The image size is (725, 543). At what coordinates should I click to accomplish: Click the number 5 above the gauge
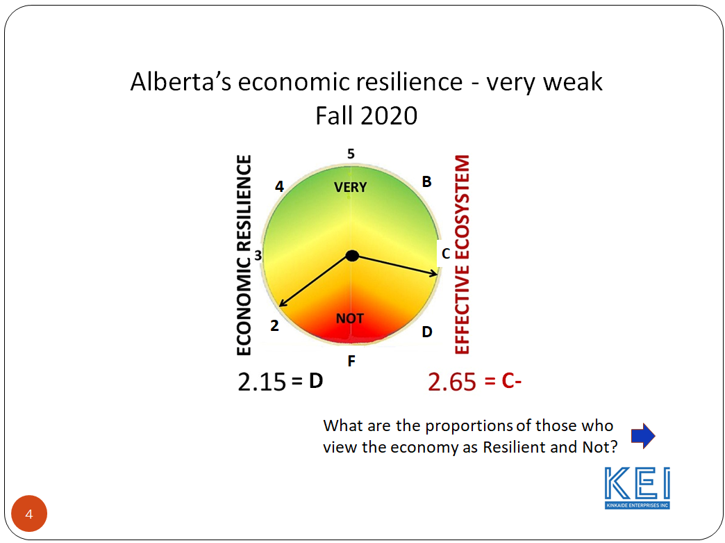click(351, 154)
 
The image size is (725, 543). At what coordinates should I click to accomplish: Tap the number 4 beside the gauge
click(279, 186)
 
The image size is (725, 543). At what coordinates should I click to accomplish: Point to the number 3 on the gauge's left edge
click(258, 255)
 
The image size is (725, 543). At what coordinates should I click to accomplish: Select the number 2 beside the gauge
click(274, 325)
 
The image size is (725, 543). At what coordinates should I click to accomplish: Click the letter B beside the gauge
click(427, 182)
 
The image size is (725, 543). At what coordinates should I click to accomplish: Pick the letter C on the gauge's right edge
click(446, 254)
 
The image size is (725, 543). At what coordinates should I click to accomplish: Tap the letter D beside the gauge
click(427, 332)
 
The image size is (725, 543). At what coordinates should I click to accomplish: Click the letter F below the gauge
click(351, 361)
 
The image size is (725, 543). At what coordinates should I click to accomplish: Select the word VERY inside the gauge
click(350, 188)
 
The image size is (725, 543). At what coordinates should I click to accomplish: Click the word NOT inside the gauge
click(349, 318)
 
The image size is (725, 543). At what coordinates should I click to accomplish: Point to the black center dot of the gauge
click(352, 256)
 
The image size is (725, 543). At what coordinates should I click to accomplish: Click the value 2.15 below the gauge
click(262, 382)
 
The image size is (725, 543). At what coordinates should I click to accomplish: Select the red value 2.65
click(452, 382)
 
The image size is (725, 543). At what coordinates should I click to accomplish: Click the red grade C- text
click(512, 381)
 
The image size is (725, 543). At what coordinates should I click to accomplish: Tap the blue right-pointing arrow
click(643, 436)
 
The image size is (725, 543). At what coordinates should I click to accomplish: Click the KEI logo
click(637, 487)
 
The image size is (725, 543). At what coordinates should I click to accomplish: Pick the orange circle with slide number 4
click(29, 514)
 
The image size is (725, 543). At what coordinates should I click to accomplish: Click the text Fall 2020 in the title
click(366, 115)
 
